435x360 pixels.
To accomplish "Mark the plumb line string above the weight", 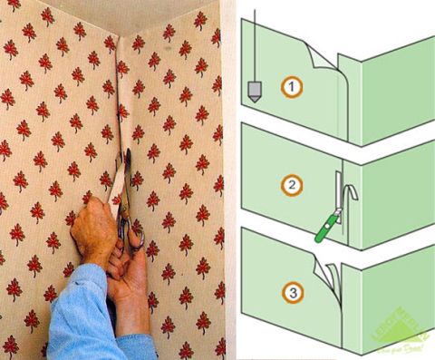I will click(x=256, y=45).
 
